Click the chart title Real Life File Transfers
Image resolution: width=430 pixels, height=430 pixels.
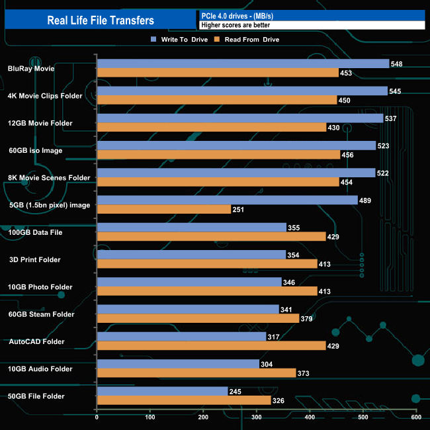pyautogui.click(x=101, y=21)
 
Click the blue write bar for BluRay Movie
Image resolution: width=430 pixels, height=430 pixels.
pyautogui.click(x=243, y=64)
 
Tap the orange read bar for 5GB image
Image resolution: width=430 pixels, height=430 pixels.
pyautogui.click(x=164, y=209)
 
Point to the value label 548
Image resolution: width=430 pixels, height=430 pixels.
pyautogui.click(x=397, y=64)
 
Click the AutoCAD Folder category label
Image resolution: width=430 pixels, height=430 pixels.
pyautogui.click(x=36, y=342)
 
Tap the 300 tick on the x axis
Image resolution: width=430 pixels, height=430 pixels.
pyautogui.click(x=257, y=417)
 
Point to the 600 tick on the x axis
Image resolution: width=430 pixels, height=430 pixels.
pyautogui.click(x=416, y=417)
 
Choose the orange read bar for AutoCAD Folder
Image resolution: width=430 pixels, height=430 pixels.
pyautogui.click(x=211, y=346)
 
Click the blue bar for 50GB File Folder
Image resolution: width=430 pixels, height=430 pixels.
pyautogui.click(x=162, y=392)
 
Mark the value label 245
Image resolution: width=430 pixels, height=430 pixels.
pyautogui.click(x=236, y=392)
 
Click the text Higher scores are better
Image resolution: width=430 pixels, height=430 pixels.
pyautogui.click(x=236, y=25)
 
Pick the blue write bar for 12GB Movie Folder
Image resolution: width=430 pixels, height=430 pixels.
pyautogui.click(x=240, y=118)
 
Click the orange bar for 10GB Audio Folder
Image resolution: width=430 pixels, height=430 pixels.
pyautogui.click(x=196, y=373)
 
